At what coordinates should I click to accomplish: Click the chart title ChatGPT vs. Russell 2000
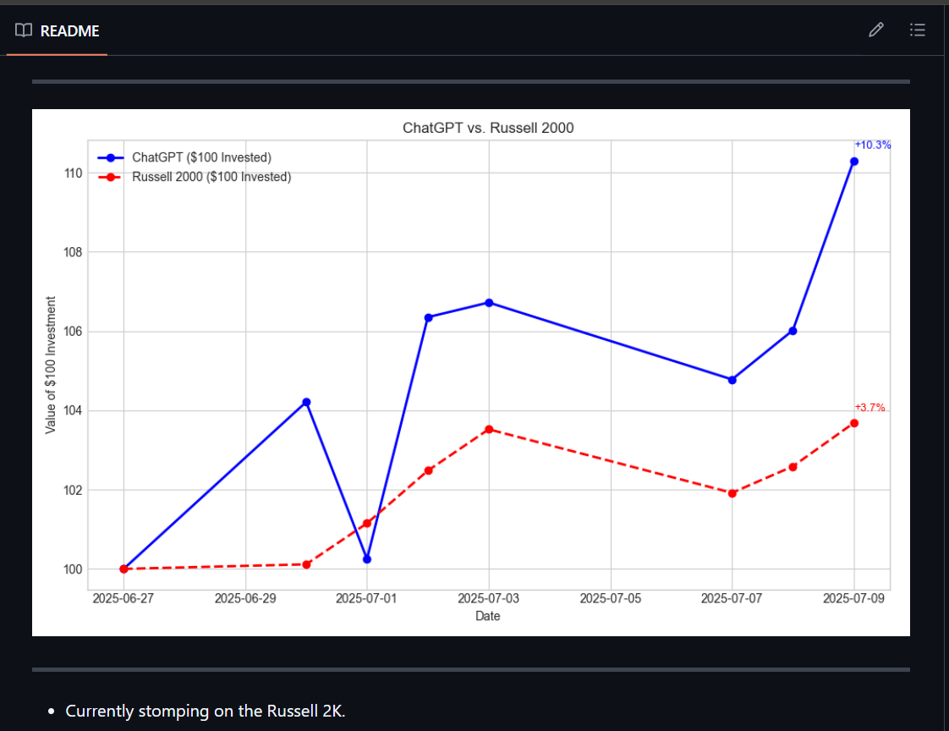[x=488, y=129]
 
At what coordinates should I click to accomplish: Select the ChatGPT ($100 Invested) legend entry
[x=201, y=157]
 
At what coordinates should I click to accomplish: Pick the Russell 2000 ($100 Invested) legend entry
[x=211, y=177]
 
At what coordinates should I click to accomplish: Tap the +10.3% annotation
[x=872, y=145]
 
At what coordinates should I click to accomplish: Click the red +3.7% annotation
[x=869, y=407]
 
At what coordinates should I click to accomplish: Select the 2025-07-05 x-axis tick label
[x=610, y=599]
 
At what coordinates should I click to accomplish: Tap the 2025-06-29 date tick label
[x=245, y=599]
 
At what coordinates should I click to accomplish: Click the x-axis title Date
[x=488, y=616]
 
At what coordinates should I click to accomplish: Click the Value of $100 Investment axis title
[x=51, y=365]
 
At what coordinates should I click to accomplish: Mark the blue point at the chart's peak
[x=853, y=161]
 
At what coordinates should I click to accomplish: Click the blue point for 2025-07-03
[x=489, y=302]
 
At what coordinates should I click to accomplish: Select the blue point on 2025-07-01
[x=367, y=559]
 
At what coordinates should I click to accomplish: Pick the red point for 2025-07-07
[x=732, y=493]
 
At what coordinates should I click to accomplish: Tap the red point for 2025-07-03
[x=489, y=429]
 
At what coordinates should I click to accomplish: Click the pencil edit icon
[x=876, y=30]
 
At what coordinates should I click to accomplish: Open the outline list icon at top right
[x=917, y=30]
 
